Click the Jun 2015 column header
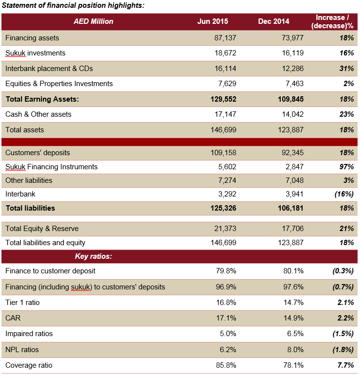pyautogui.click(x=213, y=21)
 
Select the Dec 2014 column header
pyautogui.click(x=273, y=21)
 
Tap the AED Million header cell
pyautogui.click(x=93, y=21)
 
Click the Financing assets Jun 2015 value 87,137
pyautogui.click(x=225, y=38)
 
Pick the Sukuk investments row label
pyautogui.click(x=35, y=53)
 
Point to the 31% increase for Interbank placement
pyautogui.click(x=346, y=69)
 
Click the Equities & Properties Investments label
pyautogui.click(x=59, y=84)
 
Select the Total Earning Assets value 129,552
pyautogui.click(x=223, y=99)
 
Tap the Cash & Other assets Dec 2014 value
pyautogui.click(x=293, y=114)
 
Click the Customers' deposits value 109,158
pyautogui.click(x=223, y=153)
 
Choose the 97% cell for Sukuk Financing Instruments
pyautogui.click(x=346, y=167)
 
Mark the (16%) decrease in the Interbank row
pyautogui.click(x=344, y=194)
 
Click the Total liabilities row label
pyautogui.click(x=30, y=208)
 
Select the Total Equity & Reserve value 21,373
pyautogui.click(x=225, y=229)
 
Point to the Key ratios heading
pyautogui.click(x=93, y=256)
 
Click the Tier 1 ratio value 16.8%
pyautogui.click(x=226, y=303)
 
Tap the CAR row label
pyautogui.click(x=13, y=318)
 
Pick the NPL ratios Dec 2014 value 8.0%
pyautogui.click(x=295, y=349)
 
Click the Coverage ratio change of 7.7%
pyautogui.click(x=345, y=365)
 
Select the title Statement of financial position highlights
pyautogui.click(x=73, y=5)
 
